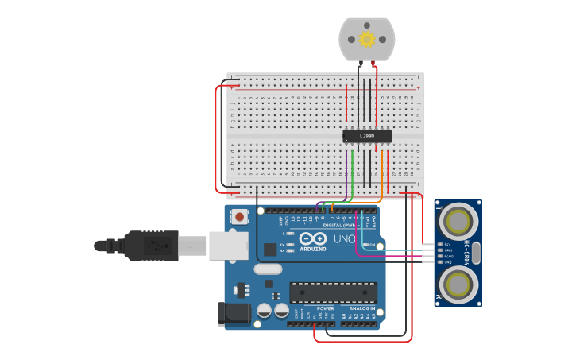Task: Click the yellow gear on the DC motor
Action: point(366,39)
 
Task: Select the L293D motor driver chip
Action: point(366,136)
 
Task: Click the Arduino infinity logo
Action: point(313,238)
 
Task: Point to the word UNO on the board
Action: point(343,238)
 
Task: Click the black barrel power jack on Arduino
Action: point(235,313)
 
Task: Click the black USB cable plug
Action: point(151,246)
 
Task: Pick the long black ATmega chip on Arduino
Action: point(333,292)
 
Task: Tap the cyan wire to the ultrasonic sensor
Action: point(405,250)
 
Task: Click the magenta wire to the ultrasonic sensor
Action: point(397,256)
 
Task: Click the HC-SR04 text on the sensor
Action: point(467,253)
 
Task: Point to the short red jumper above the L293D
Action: point(346,103)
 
